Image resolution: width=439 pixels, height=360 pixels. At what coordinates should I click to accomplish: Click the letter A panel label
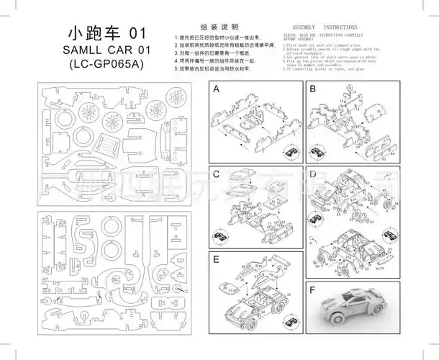pos(216,90)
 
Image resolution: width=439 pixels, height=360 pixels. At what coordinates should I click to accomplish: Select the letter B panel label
pos(312,90)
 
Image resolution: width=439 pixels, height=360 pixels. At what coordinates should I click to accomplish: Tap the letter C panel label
pos(216,174)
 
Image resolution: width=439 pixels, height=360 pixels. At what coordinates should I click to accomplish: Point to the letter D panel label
pos(312,174)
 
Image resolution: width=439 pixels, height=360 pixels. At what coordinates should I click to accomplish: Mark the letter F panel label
pos(312,291)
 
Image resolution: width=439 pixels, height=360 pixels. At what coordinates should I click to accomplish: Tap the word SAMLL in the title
pos(85,49)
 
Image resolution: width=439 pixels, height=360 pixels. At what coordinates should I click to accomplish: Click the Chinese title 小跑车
pos(93,33)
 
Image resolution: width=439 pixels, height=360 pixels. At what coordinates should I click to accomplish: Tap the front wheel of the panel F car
pos(344,314)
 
